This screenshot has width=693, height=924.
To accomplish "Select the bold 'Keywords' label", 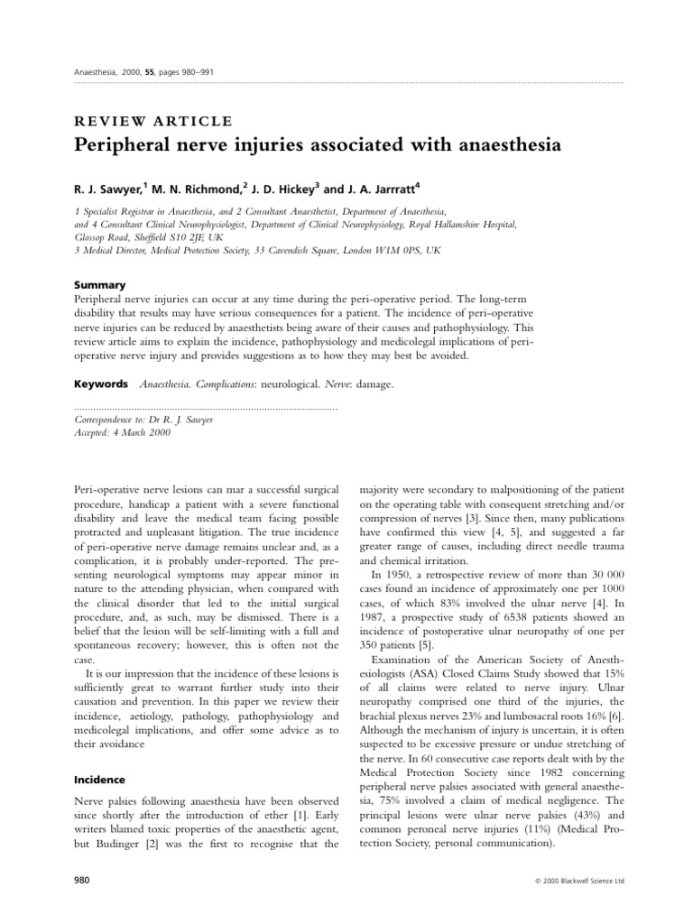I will tap(99, 384).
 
